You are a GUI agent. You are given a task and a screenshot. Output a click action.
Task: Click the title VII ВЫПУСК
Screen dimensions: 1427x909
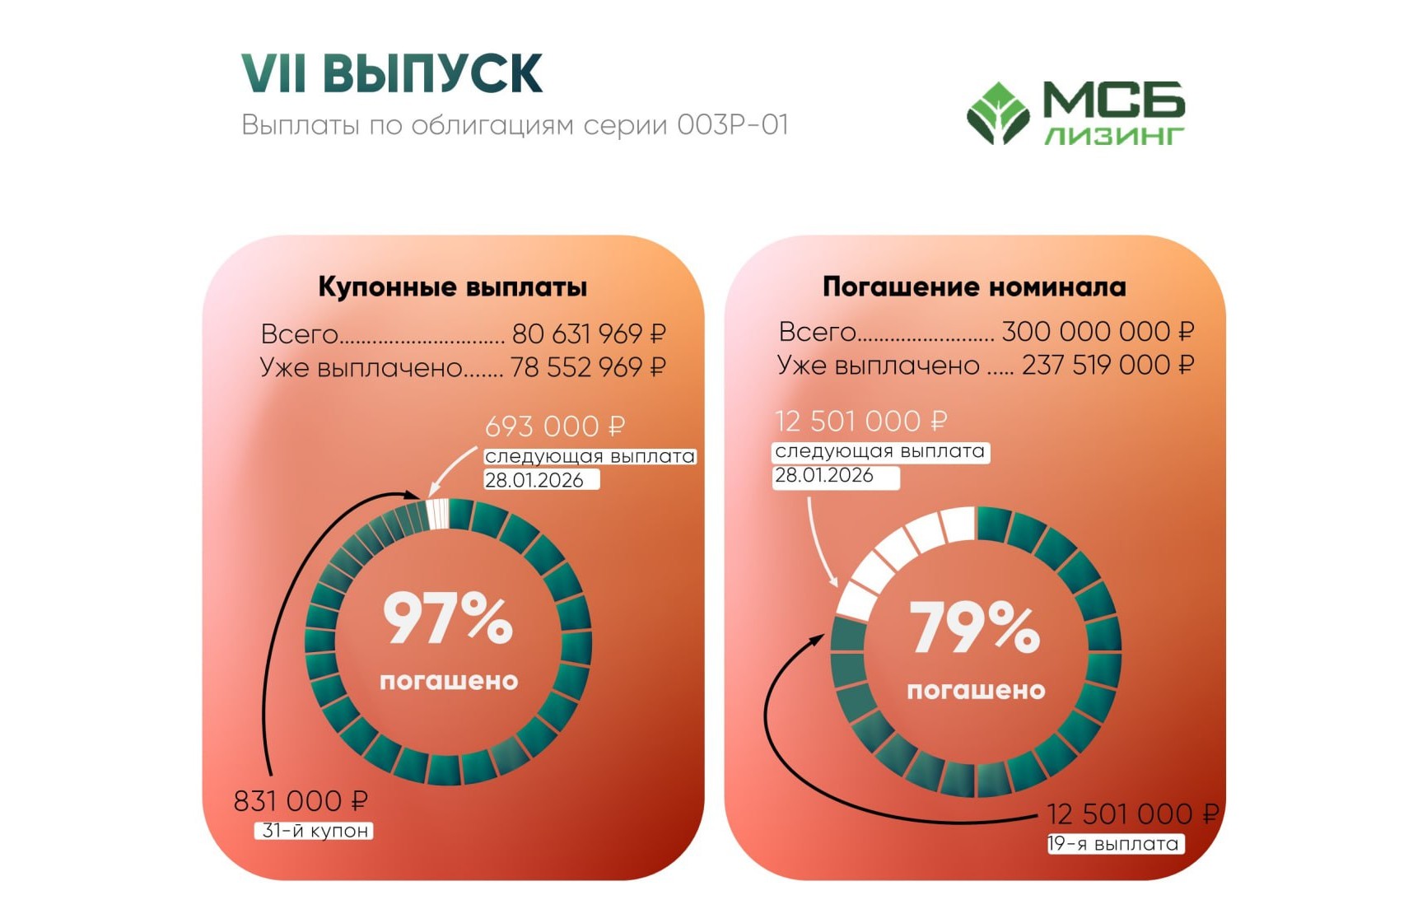(392, 73)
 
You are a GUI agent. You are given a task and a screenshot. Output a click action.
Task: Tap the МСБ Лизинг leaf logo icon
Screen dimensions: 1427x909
(998, 113)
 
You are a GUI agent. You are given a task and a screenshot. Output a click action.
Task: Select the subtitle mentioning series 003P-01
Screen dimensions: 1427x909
(515, 125)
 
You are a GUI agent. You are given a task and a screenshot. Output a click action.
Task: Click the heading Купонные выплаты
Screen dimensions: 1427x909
(452, 287)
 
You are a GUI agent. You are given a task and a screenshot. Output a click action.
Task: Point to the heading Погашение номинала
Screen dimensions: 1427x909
(974, 287)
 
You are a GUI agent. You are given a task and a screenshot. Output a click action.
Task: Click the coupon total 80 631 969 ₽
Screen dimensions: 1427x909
(589, 333)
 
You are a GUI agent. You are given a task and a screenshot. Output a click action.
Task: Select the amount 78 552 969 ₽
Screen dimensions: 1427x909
(588, 367)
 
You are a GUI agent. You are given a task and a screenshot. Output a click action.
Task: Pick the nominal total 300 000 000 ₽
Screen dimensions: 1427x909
(1098, 332)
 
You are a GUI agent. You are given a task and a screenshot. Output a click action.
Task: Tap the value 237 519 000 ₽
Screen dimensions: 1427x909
(1108, 365)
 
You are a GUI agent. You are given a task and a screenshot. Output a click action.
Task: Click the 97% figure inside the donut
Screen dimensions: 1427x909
(448, 618)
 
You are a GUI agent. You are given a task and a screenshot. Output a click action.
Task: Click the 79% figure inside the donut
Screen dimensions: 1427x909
(975, 627)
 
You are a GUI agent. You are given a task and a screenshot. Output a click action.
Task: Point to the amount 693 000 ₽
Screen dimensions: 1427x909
(555, 427)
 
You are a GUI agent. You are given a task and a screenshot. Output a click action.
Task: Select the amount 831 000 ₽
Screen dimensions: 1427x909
(301, 801)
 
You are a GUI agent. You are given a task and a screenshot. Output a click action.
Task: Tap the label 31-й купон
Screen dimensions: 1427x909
(315, 831)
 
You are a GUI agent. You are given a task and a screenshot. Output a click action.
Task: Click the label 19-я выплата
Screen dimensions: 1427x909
(1115, 844)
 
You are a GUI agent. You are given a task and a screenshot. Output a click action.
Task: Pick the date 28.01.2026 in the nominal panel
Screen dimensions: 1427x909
(824, 475)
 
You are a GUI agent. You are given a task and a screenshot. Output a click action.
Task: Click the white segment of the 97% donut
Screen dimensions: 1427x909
(438, 514)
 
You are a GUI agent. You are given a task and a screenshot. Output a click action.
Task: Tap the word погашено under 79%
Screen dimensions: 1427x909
(976, 691)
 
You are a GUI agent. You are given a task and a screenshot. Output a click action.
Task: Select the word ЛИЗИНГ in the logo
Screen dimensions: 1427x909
(1114, 136)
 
